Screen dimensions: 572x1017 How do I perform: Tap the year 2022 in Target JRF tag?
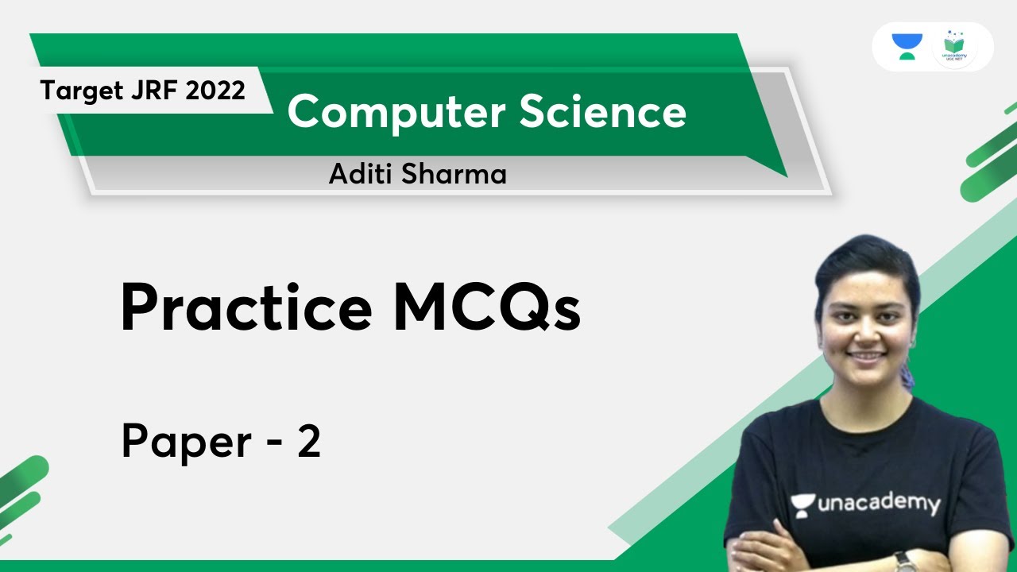[216, 91]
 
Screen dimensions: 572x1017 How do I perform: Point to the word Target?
[76, 91]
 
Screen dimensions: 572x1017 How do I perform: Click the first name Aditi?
[360, 174]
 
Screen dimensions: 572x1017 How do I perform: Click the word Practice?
[246, 308]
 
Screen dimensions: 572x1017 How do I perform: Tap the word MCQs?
[487, 308]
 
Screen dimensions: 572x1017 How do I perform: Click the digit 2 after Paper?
[308, 441]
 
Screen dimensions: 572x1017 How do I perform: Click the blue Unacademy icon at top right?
[907, 47]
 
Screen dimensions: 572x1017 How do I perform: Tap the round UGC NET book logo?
[954, 47]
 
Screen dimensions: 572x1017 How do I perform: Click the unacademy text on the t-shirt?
[877, 503]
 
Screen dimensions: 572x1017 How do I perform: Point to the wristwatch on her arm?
[904, 562]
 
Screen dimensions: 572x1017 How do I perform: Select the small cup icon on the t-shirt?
[802, 504]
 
